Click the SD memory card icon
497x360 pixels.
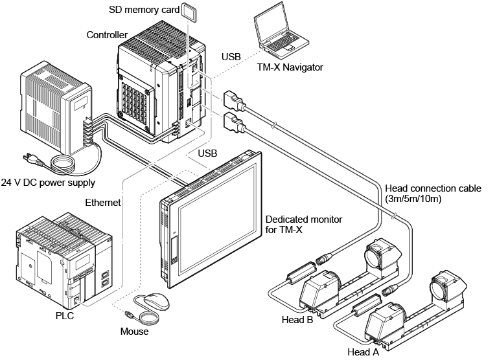(189, 11)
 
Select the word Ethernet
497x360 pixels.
(103, 203)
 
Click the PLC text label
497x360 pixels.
(65, 316)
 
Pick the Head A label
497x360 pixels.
(362, 352)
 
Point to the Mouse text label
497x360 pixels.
(134, 332)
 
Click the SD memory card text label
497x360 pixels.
(142, 10)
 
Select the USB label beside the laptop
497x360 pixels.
(231, 56)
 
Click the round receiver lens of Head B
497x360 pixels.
(376, 253)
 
